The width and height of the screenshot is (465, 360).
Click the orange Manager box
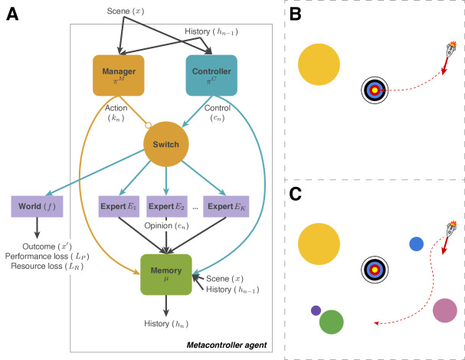click(119, 75)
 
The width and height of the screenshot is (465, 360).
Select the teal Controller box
click(211, 75)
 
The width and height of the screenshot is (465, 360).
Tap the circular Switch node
click(166, 144)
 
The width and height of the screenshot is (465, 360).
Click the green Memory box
click(166, 275)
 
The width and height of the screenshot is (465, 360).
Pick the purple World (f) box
click(37, 206)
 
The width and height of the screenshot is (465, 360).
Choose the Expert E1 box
click(119, 206)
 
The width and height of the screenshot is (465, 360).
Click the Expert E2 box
click(167, 206)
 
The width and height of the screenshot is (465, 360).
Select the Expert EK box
click(226, 206)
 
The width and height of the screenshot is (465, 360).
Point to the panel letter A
click(12, 15)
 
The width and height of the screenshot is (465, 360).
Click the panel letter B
click(296, 14)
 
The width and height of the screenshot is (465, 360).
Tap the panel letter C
click(296, 195)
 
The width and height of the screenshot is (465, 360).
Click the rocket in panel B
click(451, 49)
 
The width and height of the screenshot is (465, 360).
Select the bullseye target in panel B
click(375, 90)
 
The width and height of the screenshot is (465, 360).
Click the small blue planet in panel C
click(417, 244)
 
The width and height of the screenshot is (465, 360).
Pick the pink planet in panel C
click(445, 310)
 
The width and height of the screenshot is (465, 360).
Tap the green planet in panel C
click(332, 322)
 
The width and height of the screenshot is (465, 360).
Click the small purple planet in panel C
click(316, 310)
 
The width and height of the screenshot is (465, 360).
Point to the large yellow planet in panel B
click(319, 64)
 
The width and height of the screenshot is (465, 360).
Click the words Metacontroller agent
click(227, 345)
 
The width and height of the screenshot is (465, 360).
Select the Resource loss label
click(47, 266)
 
